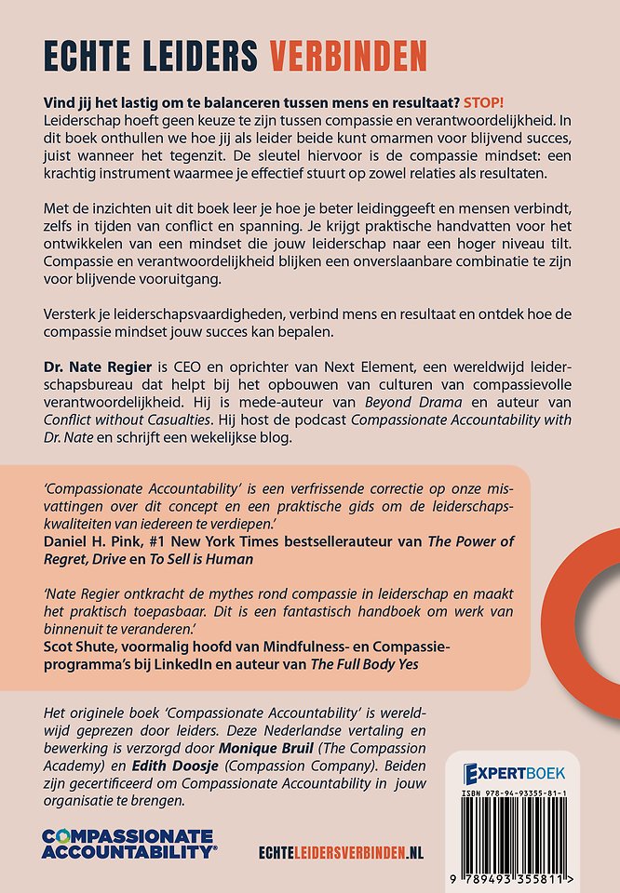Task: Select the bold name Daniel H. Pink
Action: click(x=98, y=540)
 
